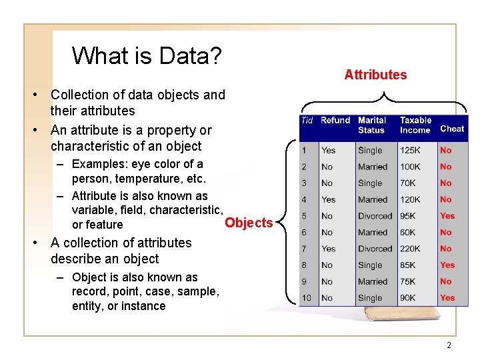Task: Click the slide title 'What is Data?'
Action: [x=147, y=55]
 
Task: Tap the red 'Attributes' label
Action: [x=375, y=75]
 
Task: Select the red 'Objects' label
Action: [x=249, y=223]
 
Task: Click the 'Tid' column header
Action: [x=307, y=121]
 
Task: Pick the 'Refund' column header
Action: [x=335, y=121]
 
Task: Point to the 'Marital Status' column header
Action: [x=372, y=125]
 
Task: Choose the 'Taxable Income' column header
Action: [x=415, y=125]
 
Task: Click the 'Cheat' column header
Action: [x=452, y=129]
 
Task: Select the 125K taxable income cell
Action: [x=410, y=151]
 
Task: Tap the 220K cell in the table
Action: [x=410, y=249]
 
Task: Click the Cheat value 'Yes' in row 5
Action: [x=447, y=216]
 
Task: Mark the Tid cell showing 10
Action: [x=307, y=298]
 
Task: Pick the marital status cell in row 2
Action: [x=372, y=167]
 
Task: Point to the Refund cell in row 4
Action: [x=328, y=199]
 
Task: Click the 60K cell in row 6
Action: [x=408, y=233]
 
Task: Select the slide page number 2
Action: [x=449, y=345]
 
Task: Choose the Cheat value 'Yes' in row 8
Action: [x=447, y=265]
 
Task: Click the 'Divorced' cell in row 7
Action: [x=375, y=249]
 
